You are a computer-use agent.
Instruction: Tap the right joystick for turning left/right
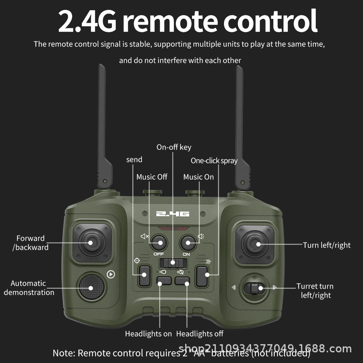[x=258, y=244]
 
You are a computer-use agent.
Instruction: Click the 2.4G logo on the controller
[x=173, y=214]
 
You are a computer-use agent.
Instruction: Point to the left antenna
[x=103, y=127]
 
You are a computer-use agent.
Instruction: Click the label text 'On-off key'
[x=174, y=147]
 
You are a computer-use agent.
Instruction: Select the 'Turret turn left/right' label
[x=315, y=291]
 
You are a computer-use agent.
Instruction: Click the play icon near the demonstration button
[x=111, y=274]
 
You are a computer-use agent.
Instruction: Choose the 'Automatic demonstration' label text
[x=29, y=288]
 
